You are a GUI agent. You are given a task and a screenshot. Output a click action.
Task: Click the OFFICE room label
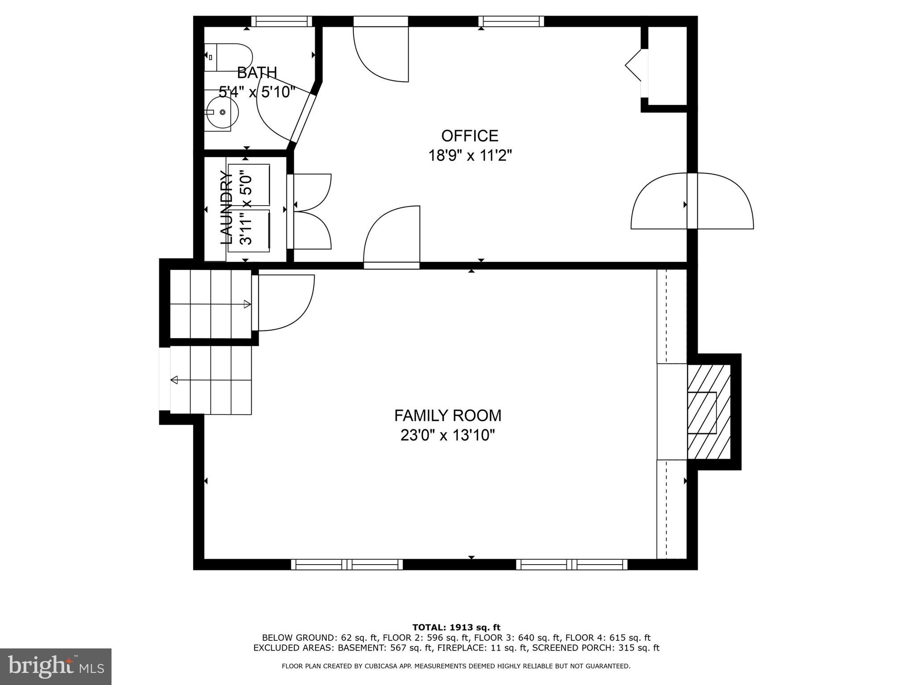[x=469, y=136]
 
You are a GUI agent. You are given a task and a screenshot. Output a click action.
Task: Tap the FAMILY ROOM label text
[x=447, y=416]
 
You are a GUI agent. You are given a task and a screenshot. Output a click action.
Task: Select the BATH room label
[x=256, y=72]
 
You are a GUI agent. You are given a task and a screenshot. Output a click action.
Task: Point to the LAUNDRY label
[x=227, y=208]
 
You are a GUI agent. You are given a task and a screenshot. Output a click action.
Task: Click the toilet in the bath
[x=228, y=58]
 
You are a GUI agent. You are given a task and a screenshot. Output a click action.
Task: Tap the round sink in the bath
[x=222, y=112]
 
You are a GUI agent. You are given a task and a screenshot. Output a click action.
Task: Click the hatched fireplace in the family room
[x=708, y=412]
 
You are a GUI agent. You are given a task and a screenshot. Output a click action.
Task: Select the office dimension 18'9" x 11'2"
[x=470, y=156]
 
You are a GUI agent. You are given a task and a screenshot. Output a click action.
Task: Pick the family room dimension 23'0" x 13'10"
[x=447, y=435]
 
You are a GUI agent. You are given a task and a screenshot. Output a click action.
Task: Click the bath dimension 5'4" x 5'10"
[x=257, y=92]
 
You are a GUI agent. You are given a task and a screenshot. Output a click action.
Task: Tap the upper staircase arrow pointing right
[x=210, y=304]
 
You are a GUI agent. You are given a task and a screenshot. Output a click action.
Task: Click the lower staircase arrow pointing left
[x=211, y=380]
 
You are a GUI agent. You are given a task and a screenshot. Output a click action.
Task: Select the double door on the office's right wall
[x=692, y=202]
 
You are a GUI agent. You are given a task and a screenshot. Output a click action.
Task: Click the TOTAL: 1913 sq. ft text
[x=456, y=627]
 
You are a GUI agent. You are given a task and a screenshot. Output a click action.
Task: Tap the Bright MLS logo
[x=56, y=666]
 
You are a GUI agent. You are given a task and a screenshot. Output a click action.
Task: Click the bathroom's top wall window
[x=281, y=21]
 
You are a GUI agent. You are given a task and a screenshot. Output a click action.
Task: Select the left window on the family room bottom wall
[x=347, y=564]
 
